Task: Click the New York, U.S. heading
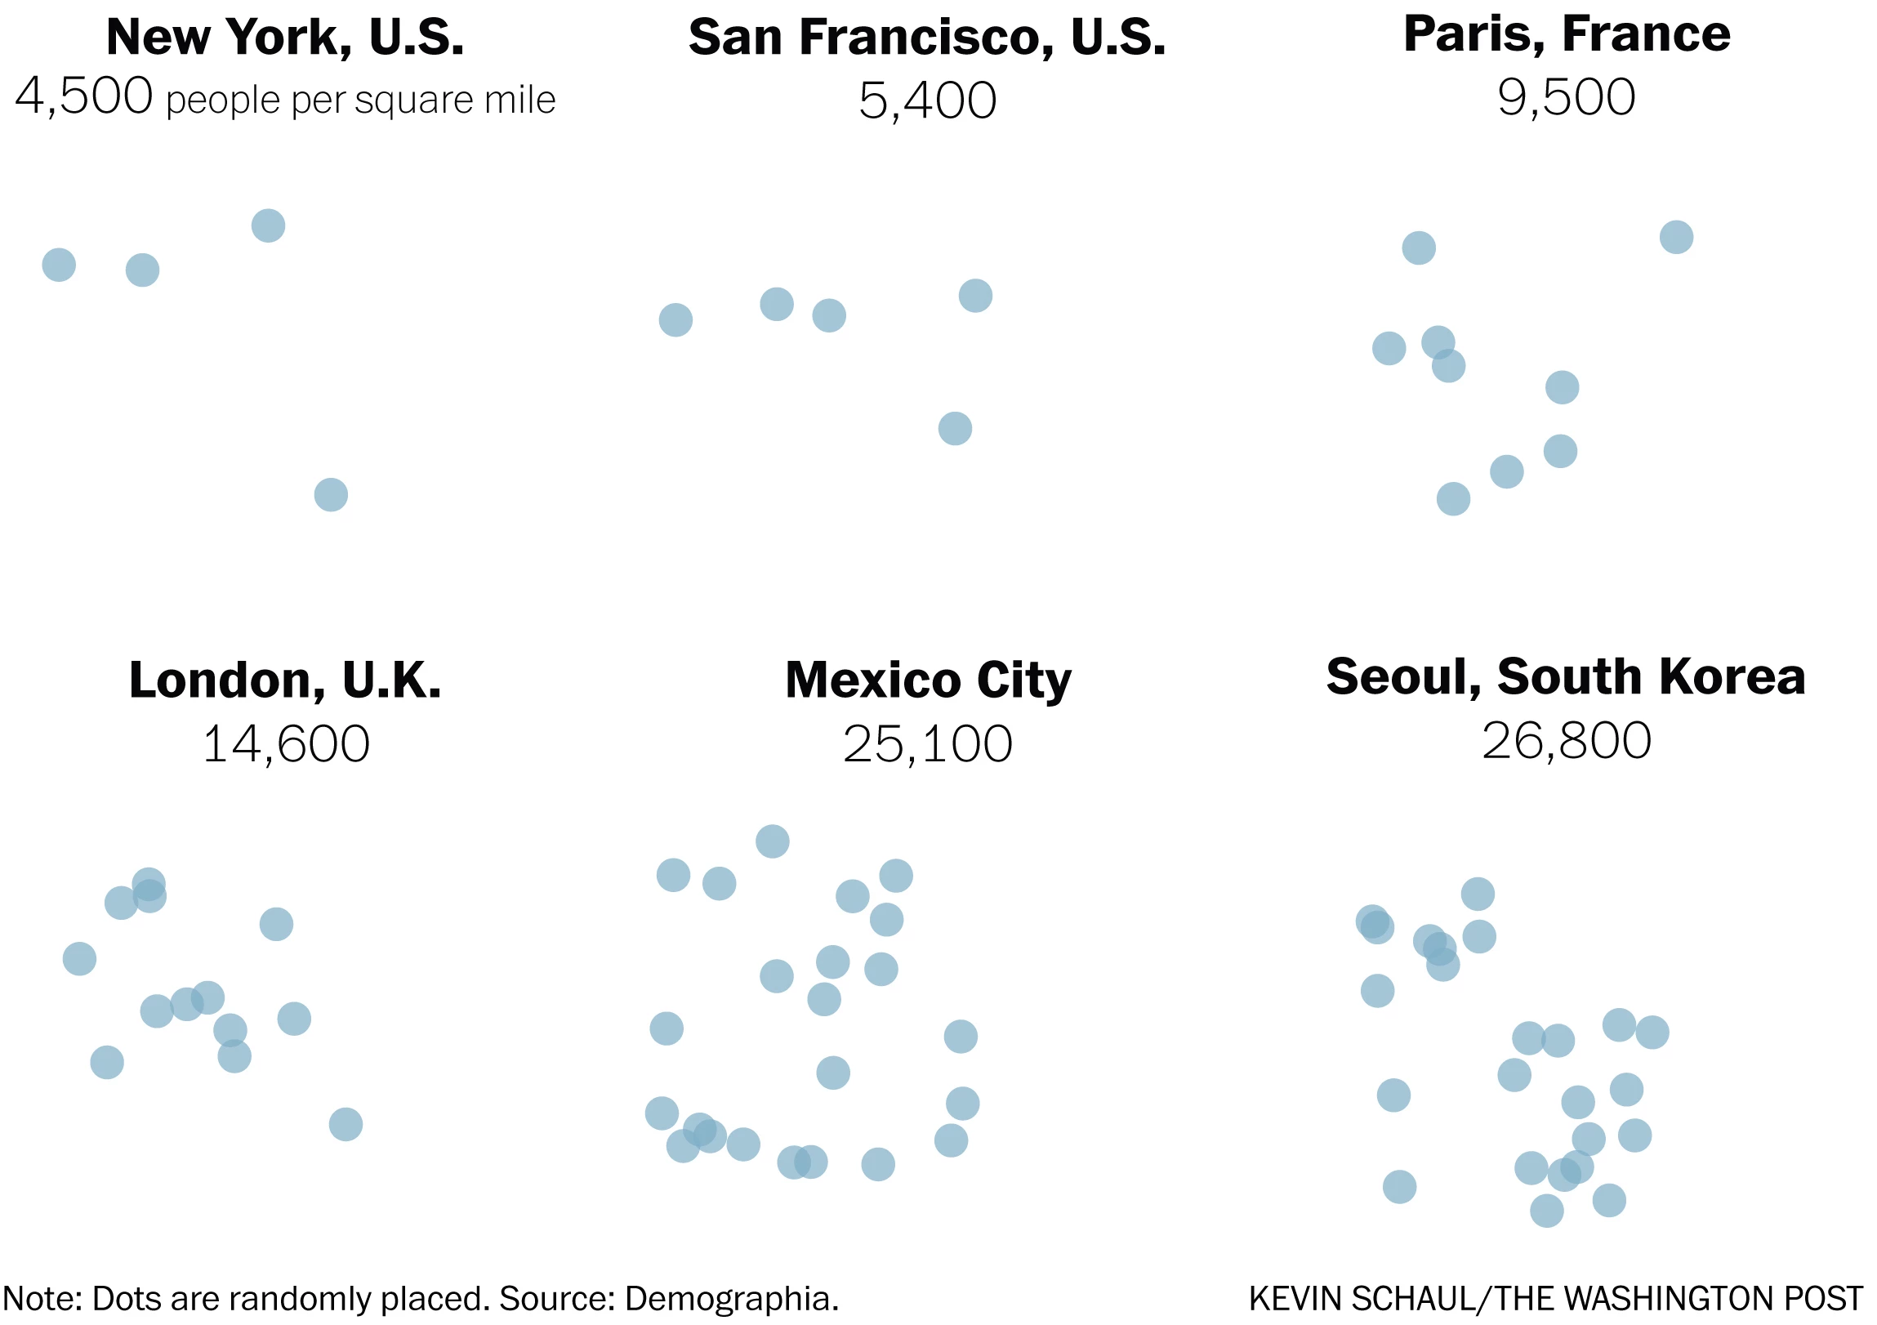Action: coord(285,37)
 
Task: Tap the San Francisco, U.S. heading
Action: coord(927,38)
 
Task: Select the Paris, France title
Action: coord(1567,34)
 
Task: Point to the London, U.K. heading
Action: coord(285,680)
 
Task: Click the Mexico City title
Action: coord(928,680)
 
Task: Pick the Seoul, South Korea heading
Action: coord(1566,677)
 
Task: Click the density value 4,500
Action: coord(83,96)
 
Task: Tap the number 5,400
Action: coord(927,100)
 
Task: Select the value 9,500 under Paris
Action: coord(1567,97)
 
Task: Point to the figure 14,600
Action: coord(285,744)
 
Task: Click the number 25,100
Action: coord(928,744)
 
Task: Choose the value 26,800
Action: coord(1567,741)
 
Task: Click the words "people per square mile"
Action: coord(360,100)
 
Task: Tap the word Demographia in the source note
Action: coord(731,1298)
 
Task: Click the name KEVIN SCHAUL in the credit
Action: coord(1361,1299)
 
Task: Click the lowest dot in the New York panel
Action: coord(331,494)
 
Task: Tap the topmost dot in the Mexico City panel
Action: coord(773,841)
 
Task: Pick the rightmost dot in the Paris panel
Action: coord(1676,237)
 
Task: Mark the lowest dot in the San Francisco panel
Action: coord(955,428)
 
